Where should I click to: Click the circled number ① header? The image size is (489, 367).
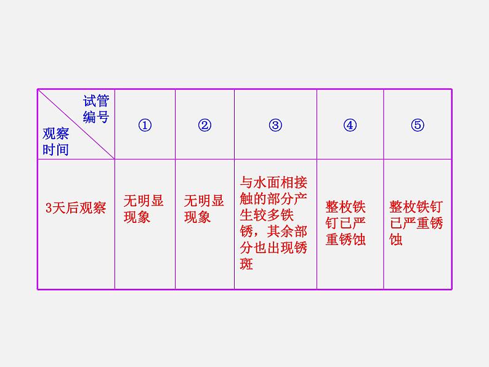click(145, 126)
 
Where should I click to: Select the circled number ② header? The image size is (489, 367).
click(204, 126)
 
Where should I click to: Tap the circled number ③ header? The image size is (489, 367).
click(275, 126)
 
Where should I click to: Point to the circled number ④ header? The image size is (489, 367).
click(350, 126)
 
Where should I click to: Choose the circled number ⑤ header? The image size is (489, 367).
click(418, 126)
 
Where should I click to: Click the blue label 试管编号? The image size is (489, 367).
click(96, 109)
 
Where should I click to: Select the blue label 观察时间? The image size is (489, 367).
click(55, 142)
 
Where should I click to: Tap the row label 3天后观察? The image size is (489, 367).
click(76, 208)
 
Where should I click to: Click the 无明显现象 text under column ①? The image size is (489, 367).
click(143, 209)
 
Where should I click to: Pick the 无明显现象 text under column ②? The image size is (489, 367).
click(204, 209)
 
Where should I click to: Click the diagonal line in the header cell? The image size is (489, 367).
click(76, 124)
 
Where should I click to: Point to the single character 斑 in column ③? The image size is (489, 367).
click(246, 264)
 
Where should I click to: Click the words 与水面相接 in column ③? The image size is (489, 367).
click(273, 183)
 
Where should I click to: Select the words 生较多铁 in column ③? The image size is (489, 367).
click(267, 215)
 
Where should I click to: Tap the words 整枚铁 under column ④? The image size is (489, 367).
click(346, 207)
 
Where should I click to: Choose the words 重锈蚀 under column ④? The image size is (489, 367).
click(346, 240)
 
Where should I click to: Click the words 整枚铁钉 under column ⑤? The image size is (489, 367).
click(416, 207)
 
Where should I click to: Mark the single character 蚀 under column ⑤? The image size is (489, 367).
click(396, 240)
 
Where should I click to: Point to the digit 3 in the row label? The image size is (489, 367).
click(49, 208)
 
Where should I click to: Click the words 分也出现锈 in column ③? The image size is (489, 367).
click(273, 248)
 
